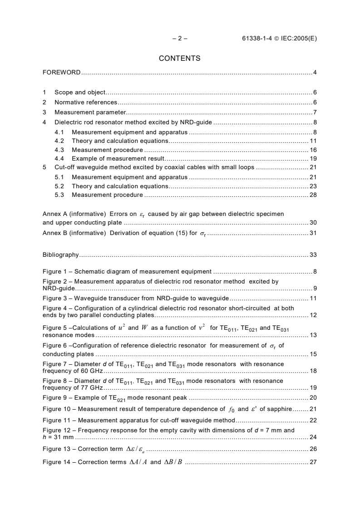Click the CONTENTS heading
coord(179,59)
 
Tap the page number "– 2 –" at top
coord(180,39)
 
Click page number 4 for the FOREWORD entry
coord(315,73)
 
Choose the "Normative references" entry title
coord(86,102)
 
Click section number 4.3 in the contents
coord(60,150)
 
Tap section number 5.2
coord(60,186)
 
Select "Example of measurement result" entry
coord(117,159)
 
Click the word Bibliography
coord(60,255)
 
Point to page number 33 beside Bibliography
coord(313,255)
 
